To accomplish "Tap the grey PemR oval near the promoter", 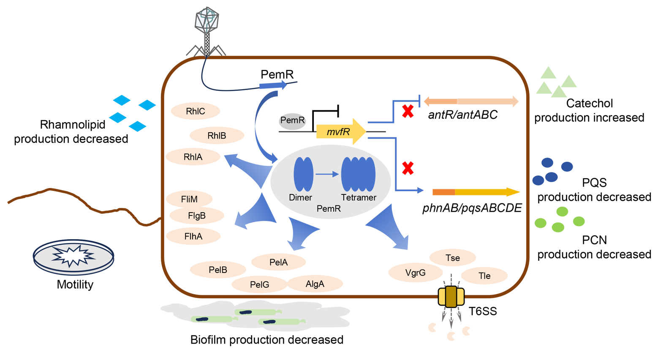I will coord(292,121).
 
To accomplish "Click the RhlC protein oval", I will coord(195,112).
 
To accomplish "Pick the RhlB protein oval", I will coord(217,136).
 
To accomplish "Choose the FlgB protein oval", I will coord(196,216).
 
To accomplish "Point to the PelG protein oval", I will coord(259,285).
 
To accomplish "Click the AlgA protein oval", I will coord(315,284).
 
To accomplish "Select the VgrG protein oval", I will coord(415,273).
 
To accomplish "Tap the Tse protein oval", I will coord(452,258).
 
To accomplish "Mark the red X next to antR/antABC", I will coord(408,112).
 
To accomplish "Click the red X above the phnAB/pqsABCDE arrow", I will coord(408,168).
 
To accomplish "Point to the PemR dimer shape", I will coord(303,174).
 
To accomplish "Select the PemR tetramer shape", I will coord(358,174).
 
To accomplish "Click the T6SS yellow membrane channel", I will coord(451,297).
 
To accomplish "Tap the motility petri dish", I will coord(73,256).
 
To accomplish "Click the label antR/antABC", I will coord(462,115).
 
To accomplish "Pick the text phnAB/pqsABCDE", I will coord(472,208).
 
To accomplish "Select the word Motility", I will coord(75,284).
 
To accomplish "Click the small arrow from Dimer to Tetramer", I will coord(327,174).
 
